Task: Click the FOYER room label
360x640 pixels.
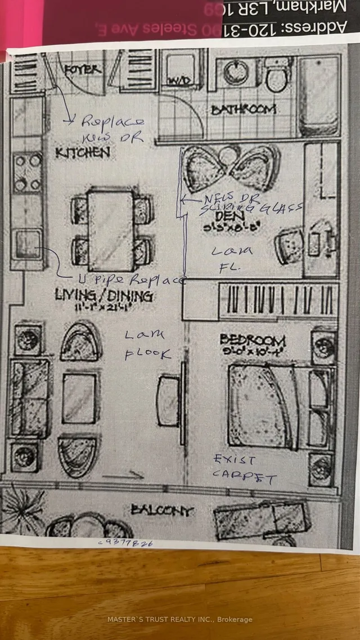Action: pyautogui.click(x=83, y=70)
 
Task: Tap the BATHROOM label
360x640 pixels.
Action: pyautogui.click(x=244, y=110)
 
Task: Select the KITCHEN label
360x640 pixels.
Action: pyautogui.click(x=82, y=152)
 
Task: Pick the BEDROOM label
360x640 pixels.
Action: pyautogui.click(x=253, y=340)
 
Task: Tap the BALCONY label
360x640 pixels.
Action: pyautogui.click(x=162, y=511)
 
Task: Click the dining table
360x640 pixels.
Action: pyautogui.click(x=110, y=231)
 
